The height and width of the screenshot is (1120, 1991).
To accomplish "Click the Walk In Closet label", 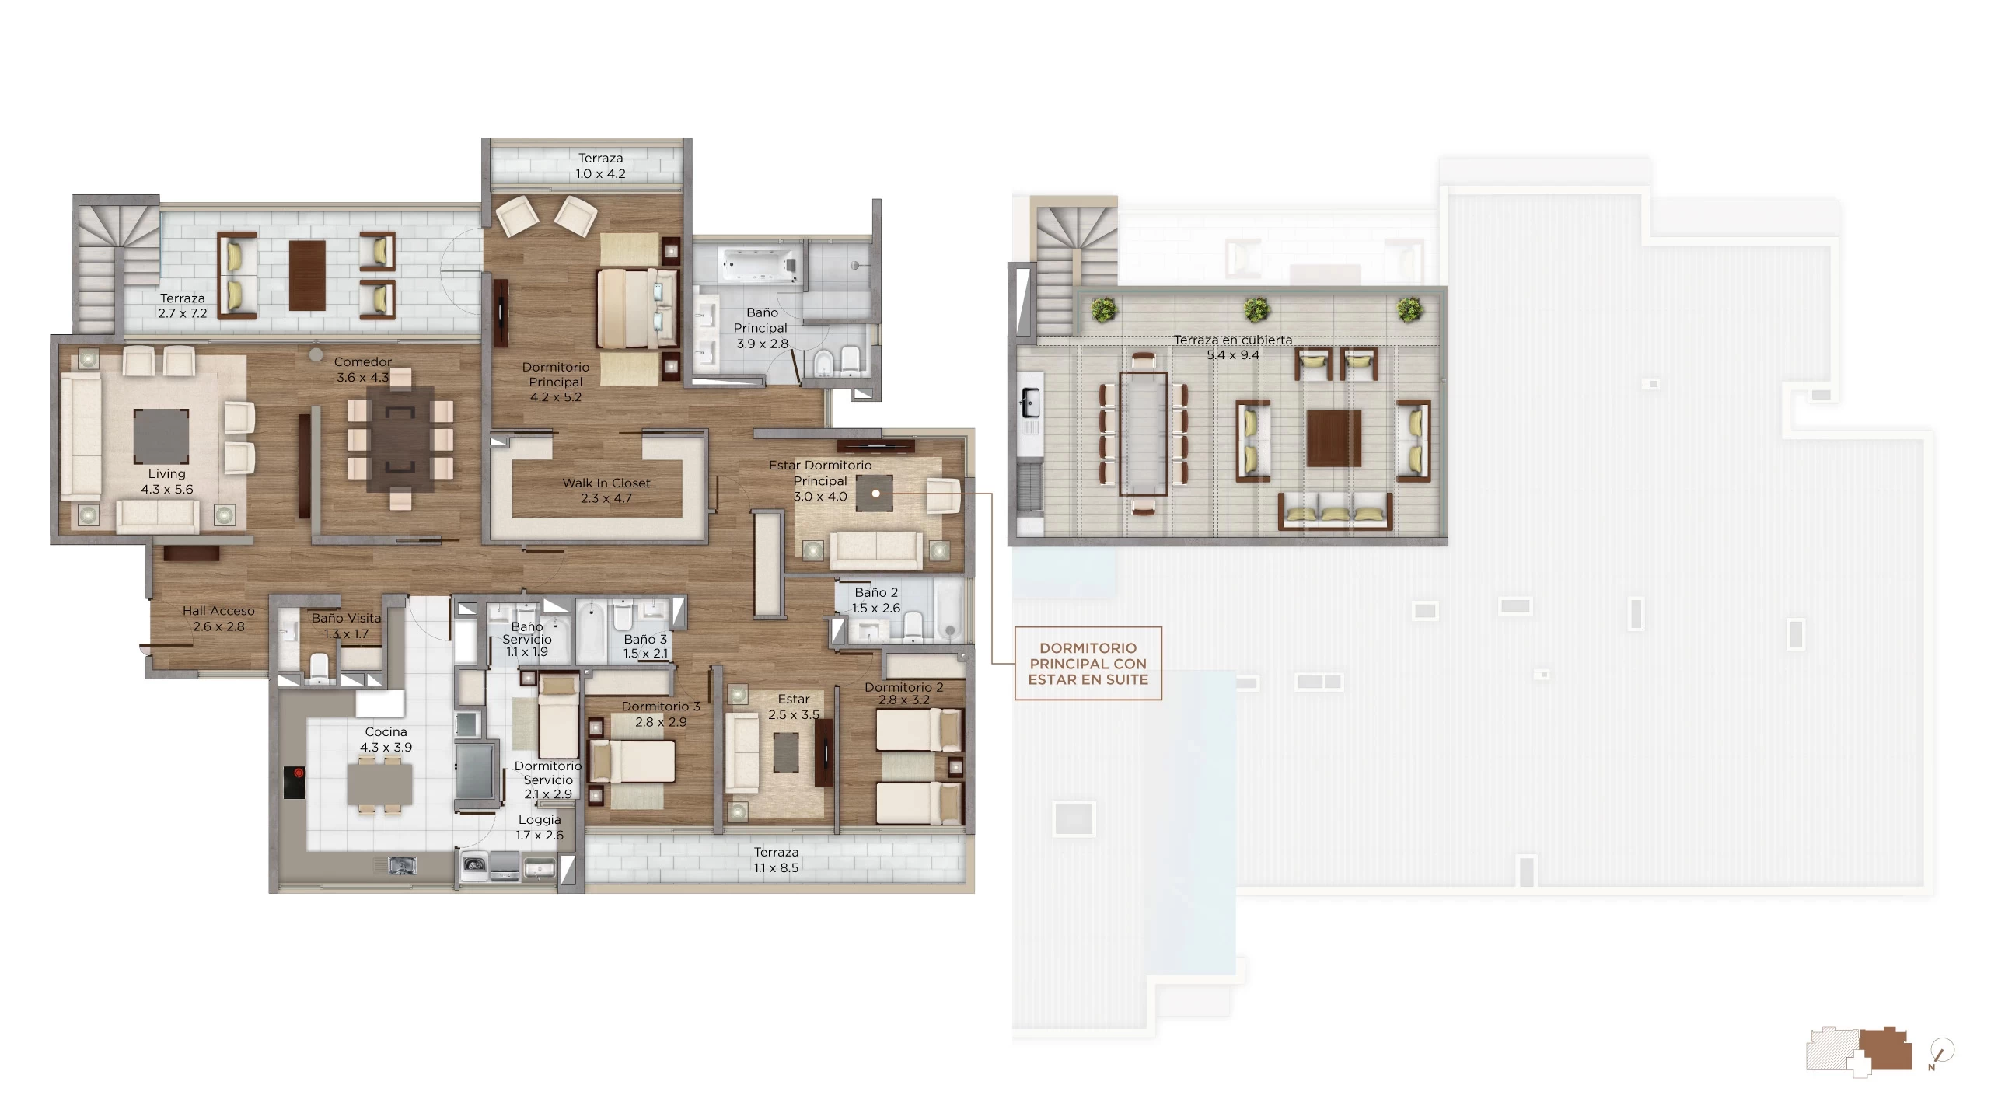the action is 606,490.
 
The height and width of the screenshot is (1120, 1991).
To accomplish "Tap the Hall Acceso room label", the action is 218,619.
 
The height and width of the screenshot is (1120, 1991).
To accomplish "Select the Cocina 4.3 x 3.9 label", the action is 386,739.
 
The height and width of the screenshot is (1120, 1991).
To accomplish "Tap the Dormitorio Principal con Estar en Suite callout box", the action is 1088,664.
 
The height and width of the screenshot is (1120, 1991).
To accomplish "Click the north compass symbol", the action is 1941,1053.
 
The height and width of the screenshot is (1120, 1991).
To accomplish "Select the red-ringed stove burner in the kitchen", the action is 299,773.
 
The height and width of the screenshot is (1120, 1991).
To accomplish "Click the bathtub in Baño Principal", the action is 760,264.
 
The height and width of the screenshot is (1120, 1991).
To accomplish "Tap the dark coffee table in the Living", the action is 161,436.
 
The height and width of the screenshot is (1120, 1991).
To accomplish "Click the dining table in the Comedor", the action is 400,439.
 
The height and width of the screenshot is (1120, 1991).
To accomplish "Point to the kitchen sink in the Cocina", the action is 401,864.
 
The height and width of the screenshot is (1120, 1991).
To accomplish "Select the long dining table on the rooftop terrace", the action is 1143,433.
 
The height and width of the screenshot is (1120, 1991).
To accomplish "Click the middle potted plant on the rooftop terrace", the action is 1256,309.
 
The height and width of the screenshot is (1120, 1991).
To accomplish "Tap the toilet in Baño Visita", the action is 319,668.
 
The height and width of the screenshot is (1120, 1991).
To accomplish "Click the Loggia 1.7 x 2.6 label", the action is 540,827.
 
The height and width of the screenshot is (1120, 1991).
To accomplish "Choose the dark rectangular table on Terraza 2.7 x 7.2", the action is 307,275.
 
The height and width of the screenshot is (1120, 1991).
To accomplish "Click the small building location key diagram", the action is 1858,1052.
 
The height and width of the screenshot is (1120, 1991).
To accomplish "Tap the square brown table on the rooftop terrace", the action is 1333,438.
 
